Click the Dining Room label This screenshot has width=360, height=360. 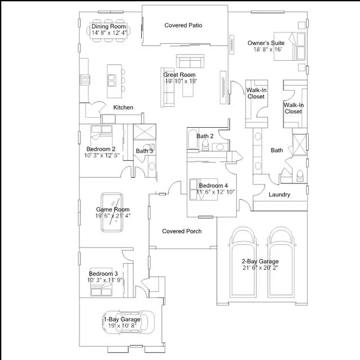click(x=109, y=26)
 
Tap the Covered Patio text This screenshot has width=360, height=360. click(x=183, y=25)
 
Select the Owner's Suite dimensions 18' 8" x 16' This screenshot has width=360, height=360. click(x=265, y=49)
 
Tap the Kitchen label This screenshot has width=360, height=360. click(x=123, y=107)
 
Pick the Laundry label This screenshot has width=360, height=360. click(x=279, y=195)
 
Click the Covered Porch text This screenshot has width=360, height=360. click(x=182, y=231)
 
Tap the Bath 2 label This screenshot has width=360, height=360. click(x=205, y=136)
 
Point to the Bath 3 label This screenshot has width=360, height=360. click(x=144, y=151)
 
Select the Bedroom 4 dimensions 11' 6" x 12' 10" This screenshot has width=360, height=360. click(x=215, y=192)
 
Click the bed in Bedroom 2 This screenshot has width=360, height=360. click(x=101, y=135)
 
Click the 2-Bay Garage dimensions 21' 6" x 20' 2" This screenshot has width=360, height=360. click(x=260, y=268)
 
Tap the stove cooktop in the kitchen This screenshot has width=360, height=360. click(x=85, y=80)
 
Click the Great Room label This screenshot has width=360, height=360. click(x=179, y=75)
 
